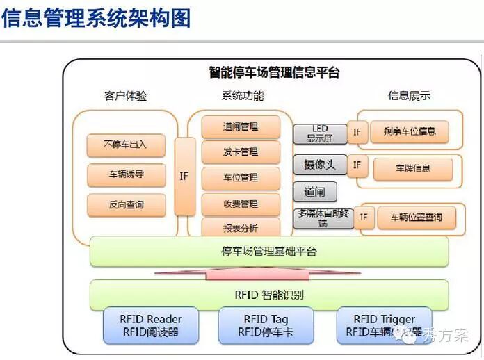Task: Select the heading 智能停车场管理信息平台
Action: tap(274, 72)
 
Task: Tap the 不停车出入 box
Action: tap(126, 145)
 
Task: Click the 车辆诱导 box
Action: tap(126, 175)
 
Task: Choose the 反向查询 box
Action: tap(126, 205)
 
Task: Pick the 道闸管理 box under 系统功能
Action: tap(241, 127)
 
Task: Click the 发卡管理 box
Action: tap(241, 152)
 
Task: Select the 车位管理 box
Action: tap(241, 178)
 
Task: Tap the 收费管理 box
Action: tap(241, 204)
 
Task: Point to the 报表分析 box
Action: tap(241, 227)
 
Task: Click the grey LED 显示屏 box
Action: tap(319, 133)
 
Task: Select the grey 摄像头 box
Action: tap(319, 165)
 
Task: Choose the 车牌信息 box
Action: tap(412, 168)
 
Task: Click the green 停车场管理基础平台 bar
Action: tap(268, 252)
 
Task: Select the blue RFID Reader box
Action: tap(150, 325)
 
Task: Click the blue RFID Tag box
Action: tap(266, 325)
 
